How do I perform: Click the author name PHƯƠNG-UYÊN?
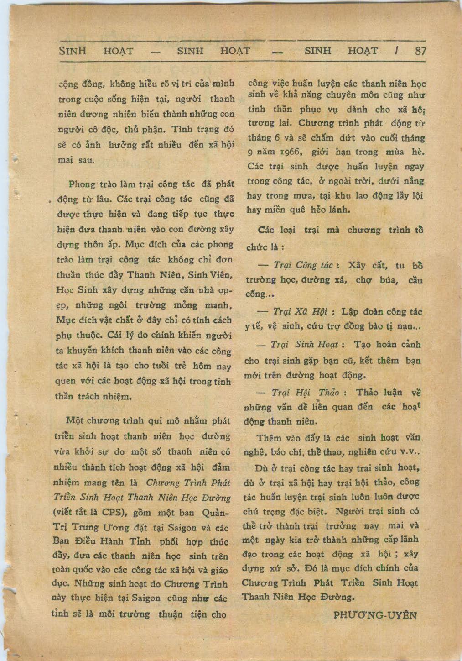coord(375,614)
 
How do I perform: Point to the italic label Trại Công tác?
coord(302,265)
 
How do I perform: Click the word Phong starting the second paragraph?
coord(82,184)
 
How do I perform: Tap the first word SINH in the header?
coord(73,51)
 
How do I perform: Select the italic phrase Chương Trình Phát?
coord(188,483)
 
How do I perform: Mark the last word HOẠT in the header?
coord(363,51)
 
